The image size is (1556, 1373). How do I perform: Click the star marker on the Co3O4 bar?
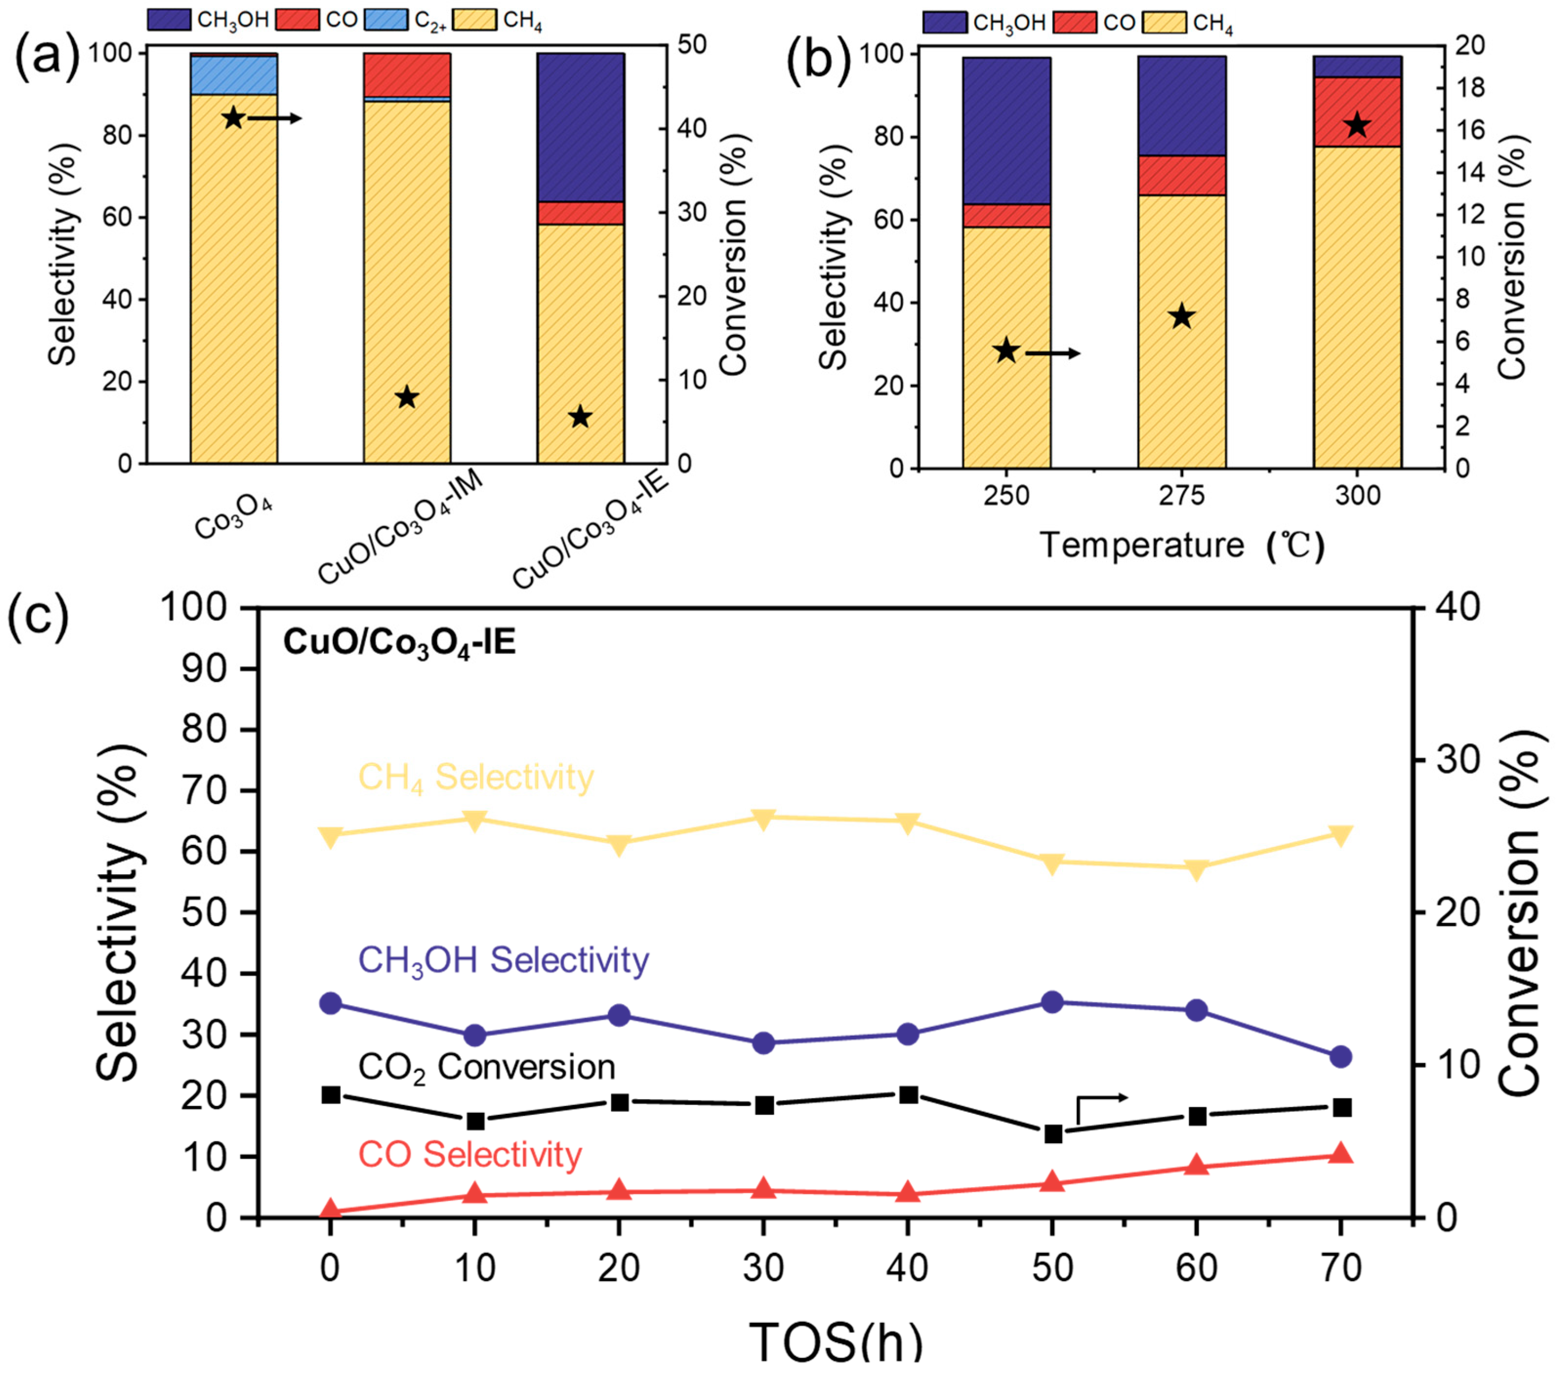click(233, 118)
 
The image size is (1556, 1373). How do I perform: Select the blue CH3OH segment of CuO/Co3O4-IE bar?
click(581, 127)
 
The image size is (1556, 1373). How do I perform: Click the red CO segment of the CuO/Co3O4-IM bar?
click(407, 75)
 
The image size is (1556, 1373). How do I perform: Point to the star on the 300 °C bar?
click(1356, 126)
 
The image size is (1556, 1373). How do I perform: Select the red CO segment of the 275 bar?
click(1182, 176)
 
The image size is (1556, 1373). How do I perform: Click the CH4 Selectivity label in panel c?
click(476, 777)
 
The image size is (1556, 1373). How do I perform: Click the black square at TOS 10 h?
click(475, 1121)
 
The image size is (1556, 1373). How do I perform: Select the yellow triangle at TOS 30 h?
click(763, 818)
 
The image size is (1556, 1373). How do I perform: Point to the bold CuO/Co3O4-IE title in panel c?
click(399, 643)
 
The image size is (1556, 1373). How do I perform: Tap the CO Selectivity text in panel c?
click(470, 1154)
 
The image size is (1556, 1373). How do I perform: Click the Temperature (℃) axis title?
click(1182, 546)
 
